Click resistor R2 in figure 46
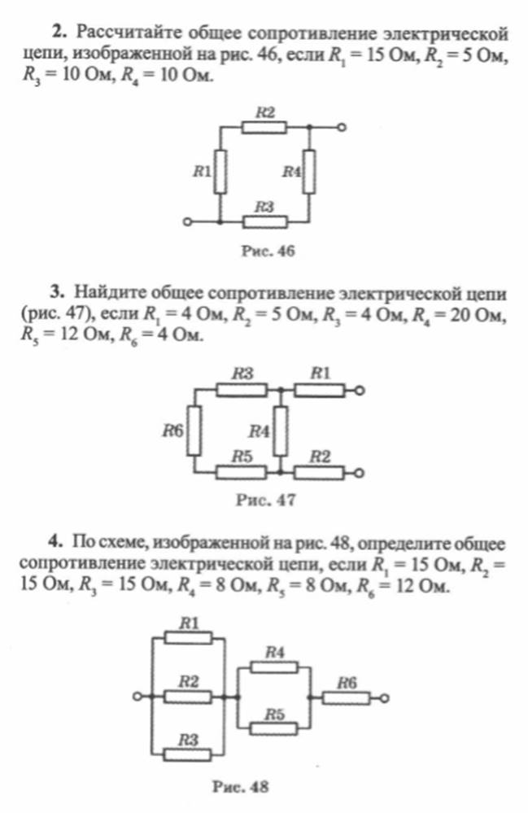pyautogui.click(x=264, y=127)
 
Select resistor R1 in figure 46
pyautogui.click(x=220, y=171)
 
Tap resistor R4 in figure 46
pyautogui.click(x=309, y=171)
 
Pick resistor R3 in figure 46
pyautogui.click(x=264, y=222)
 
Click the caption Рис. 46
pyautogui.click(x=268, y=251)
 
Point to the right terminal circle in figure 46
pyautogui.click(x=341, y=127)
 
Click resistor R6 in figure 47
pyautogui.click(x=194, y=431)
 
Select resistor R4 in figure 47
pyautogui.click(x=281, y=431)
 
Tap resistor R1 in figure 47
pyautogui.click(x=319, y=390)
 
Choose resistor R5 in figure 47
pyautogui.click(x=242, y=472)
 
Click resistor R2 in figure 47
pyautogui.click(x=319, y=472)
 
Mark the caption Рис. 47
pyautogui.click(x=266, y=500)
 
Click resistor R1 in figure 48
pyautogui.click(x=188, y=638)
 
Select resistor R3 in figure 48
pyautogui.click(x=188, y=754)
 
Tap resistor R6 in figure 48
pyautogui.click(x=346, y=698)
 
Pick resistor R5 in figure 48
pyautogui.click(x=273, y=728)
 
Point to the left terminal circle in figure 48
pyautogui.click(x=137, y=697)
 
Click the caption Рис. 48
pyautogui.click(x=241, y=787)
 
